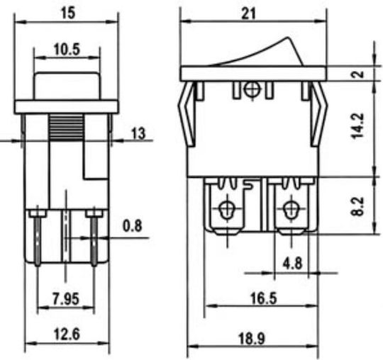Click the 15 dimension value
click(x=68, y=13)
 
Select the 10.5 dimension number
click(x=67, y=50)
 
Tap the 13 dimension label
click(x=138, y=133)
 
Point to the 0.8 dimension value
click(x=132, y=226)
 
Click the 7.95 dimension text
click(x=66, y=299)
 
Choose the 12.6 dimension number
click(x=67, y=334)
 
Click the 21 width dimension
click(x=249, y=13)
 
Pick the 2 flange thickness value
click(x=358, y=74)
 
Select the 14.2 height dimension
click(x=358, y=125)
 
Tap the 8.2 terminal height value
click(x=358, y=206)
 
